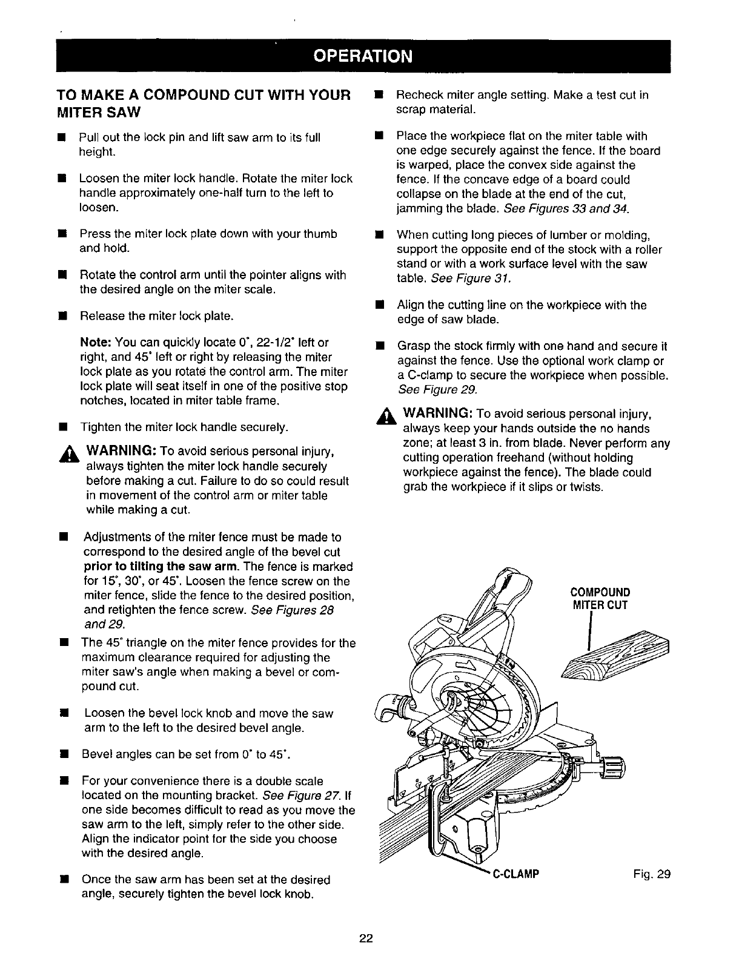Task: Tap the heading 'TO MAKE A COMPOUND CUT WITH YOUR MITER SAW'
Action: coord(204,104)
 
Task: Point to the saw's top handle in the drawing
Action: coord(509,584)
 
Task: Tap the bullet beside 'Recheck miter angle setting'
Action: coord(379,96)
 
